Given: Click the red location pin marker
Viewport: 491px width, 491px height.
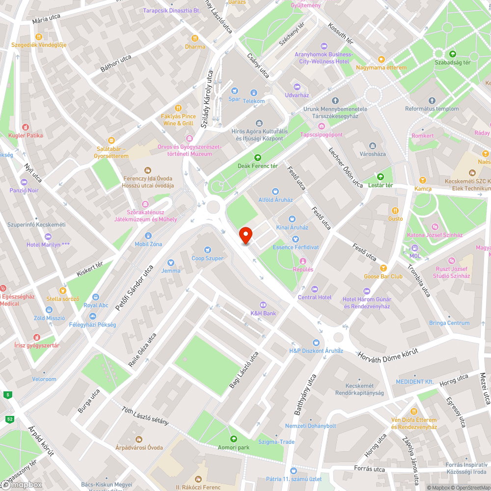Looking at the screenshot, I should [245, 235].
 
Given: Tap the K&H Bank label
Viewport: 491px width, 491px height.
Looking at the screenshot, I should [263, 313].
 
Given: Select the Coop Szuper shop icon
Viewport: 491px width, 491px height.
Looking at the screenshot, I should [207, 250].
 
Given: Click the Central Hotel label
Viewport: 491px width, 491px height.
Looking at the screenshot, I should [315, 297].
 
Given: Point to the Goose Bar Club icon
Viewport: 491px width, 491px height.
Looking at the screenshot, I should [383, 268].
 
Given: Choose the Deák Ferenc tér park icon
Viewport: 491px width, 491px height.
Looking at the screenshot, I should [257, 158].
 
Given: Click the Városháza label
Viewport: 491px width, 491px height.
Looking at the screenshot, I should [372, 154].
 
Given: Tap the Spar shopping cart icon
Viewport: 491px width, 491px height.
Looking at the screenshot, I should [235, 91].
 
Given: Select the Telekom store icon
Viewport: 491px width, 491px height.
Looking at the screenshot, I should [254, 93].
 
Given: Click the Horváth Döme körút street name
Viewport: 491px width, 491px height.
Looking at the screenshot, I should [387, 352].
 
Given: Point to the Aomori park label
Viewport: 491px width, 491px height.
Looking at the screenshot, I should [234, 447].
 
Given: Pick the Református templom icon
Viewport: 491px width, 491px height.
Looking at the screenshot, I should [432, 101].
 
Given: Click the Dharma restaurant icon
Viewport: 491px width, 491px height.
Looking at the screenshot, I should [195, 38].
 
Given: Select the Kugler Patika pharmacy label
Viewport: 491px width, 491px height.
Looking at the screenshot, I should [26, 136].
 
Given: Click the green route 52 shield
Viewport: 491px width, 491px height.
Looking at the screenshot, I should [9, 419].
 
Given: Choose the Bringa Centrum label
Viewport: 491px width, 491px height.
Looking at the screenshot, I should [449, 323].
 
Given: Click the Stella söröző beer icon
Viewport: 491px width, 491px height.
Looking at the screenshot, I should [62, 290].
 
